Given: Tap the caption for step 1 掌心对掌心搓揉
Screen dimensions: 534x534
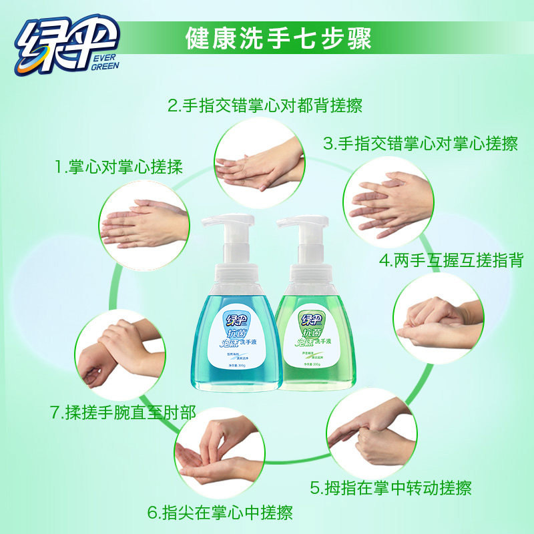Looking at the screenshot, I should [x=118, y=166].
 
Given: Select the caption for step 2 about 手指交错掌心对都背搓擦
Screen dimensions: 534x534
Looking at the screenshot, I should [x=264, y=105].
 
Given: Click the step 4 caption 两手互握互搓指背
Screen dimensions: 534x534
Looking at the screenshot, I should [x=451, y=260].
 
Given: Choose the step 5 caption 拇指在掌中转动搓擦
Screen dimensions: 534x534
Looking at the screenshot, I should [x=390, y=488].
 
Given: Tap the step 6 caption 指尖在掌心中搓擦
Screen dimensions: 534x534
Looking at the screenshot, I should [x=220, y=513].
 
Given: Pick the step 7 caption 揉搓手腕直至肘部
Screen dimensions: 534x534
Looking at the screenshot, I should [x=123, y=412].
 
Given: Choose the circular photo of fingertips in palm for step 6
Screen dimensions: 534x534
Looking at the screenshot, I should [x=220, y=457].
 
